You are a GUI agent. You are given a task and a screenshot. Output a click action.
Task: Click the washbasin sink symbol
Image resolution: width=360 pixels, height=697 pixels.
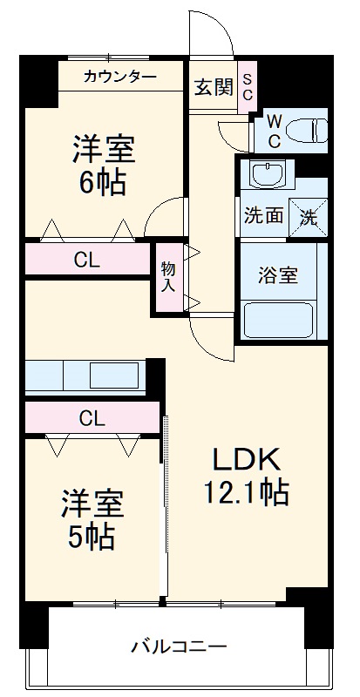click(x=267, y=173)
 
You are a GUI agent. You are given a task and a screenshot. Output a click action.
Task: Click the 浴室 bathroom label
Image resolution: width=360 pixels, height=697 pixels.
click(x=278, y=275)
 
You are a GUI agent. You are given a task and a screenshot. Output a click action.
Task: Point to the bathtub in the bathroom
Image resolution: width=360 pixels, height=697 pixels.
click(x=280, y=319)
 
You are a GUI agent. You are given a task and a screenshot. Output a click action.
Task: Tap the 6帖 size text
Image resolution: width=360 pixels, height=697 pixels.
click(x=102, y=184)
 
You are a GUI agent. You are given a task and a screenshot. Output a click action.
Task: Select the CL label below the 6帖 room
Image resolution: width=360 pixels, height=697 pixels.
click(x=85, y=260)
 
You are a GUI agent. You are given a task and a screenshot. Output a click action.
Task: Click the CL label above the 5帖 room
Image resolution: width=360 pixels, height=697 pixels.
click(x=92, y=418)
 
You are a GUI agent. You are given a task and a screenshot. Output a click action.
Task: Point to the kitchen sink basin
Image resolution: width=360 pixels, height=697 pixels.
click(x=114, y=376)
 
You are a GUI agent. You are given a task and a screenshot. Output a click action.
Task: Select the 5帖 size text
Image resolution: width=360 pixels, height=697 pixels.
click(x=91, y=537)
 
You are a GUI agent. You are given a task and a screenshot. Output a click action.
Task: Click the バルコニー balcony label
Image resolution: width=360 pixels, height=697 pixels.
click(x=179, y=647)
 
